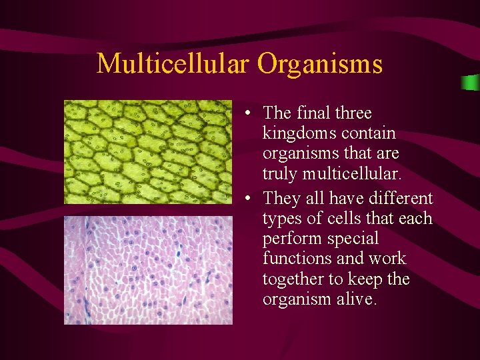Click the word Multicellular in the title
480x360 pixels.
tap(174, 64)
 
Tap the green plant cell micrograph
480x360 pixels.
tap(148, 151)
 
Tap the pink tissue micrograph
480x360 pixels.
tap(148, 270)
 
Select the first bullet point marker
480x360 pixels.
tap(247, 114)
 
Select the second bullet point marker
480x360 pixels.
tap(247, 199)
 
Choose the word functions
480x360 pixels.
tap(297, 259)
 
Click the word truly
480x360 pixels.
tap(281, 173)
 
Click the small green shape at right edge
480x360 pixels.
tap(471, 83)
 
